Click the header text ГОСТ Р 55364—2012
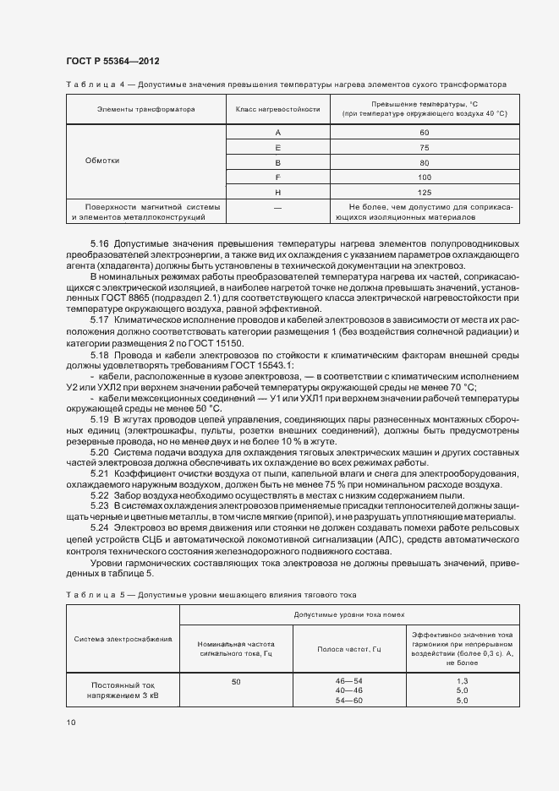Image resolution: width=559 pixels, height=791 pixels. (x=112, y=63)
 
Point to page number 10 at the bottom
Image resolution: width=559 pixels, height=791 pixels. (x=70, y=722)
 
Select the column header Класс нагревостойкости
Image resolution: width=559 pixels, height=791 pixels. (x=277, y=109)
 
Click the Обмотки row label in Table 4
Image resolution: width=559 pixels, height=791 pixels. (x=102, y=161)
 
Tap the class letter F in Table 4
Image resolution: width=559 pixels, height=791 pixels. (x=277, y=177)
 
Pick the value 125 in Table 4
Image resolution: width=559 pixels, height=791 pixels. (x=424, y=191)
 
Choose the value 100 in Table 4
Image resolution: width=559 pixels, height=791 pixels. (x=424, y=177)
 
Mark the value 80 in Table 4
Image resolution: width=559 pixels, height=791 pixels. (x=424, y=162)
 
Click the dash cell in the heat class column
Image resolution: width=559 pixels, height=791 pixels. (x=277, y=207)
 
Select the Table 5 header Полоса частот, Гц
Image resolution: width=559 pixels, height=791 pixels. (x=349, y=649)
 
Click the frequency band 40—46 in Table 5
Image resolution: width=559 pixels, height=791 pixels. (x=349, y=690)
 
